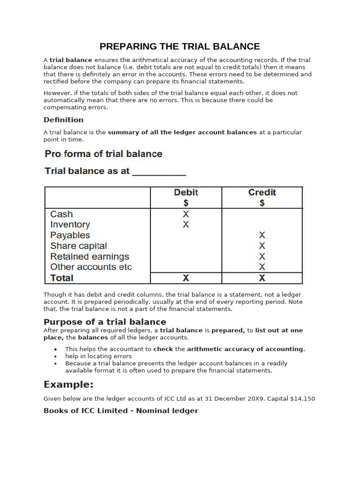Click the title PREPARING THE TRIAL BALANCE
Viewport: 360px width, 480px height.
180,46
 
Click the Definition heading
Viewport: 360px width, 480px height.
63,120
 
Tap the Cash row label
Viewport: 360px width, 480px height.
61,214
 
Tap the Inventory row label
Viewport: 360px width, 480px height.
70,225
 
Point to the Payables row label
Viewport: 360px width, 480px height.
70,235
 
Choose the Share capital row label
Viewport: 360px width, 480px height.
78,246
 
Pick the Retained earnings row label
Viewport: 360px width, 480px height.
90,257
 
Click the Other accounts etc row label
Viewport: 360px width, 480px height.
91,267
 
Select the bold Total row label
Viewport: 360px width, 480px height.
62,278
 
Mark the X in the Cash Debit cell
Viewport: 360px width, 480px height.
186,214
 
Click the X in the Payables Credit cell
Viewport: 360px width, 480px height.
262,235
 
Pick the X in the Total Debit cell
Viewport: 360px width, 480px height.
186,278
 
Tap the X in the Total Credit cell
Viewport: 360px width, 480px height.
262,278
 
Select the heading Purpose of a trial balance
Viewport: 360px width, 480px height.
105,322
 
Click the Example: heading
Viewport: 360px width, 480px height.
68,385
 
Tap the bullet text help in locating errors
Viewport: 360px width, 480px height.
98,356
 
